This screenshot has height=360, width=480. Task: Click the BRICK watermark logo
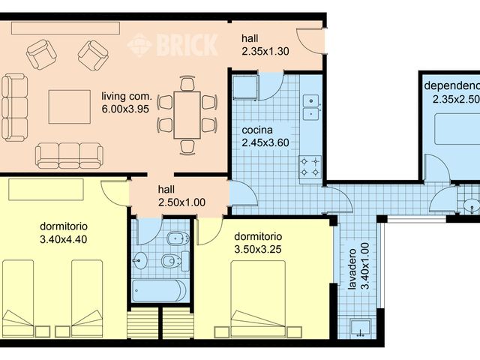(x=172, y=44)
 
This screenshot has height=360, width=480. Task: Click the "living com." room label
(x=127, y=96)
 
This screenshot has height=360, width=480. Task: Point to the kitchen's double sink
(x=310, y=107)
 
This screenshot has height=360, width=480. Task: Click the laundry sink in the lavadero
(x=359, y=327)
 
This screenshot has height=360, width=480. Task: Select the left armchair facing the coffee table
(x=41, y=54)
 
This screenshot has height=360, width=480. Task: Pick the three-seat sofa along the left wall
(x=13, y=106)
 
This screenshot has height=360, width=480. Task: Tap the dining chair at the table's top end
(x=187, y=83)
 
